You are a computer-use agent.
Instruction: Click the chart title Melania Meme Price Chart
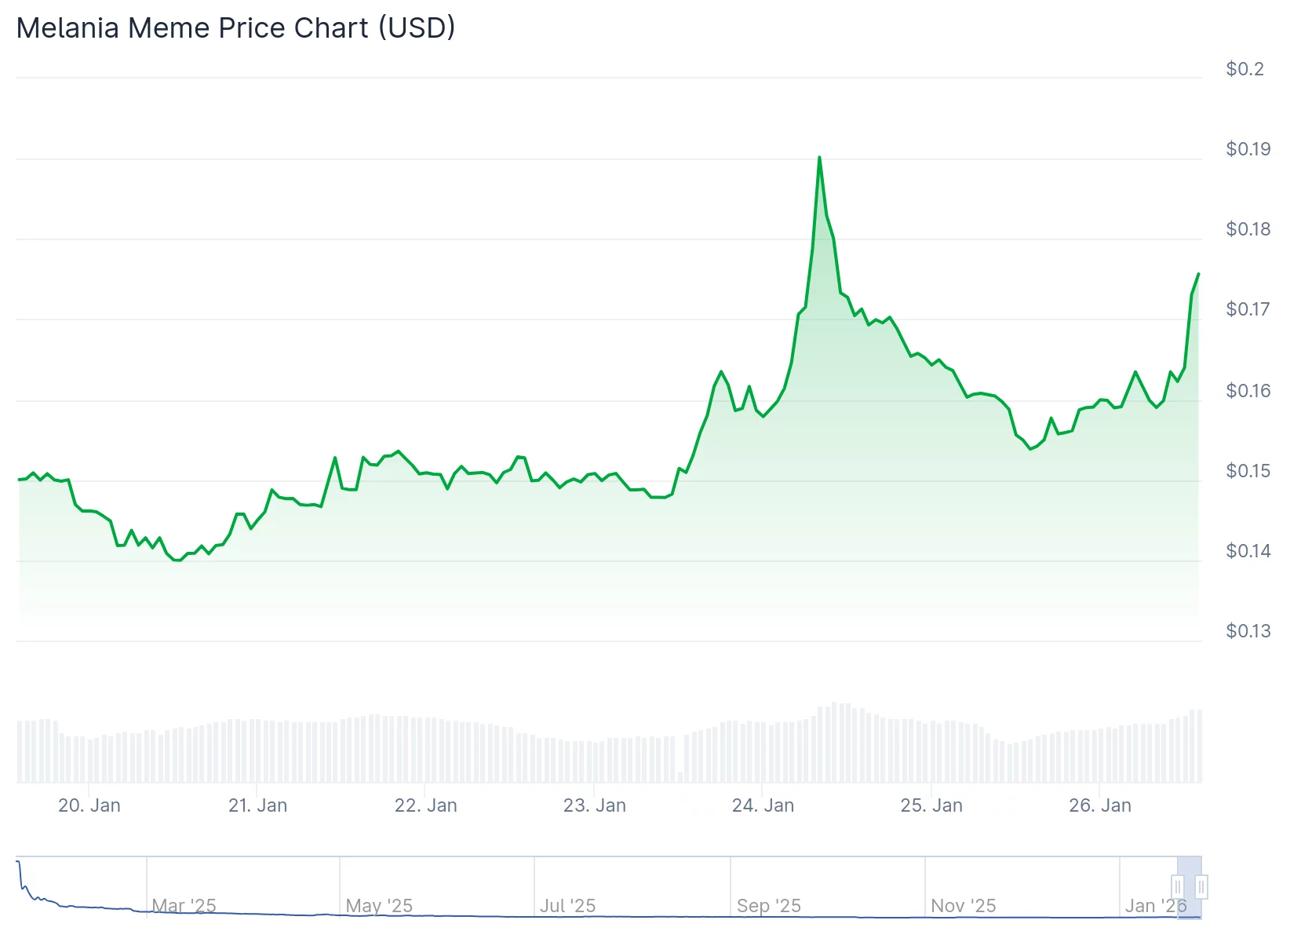[235, 28]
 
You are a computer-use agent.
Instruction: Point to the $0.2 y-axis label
[1244, 69]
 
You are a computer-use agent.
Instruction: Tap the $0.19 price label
[1248, 149]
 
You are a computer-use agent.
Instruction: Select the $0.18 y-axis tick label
[1248, 229]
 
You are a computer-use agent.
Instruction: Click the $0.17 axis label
[1248, 309]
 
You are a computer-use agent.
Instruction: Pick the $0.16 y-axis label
[1248, 390]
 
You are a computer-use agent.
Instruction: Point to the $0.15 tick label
[1248, 471]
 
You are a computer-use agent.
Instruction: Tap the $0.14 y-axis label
[1248, 551]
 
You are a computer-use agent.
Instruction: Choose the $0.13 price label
[1248, 631]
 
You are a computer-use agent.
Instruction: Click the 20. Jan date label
[89, 805]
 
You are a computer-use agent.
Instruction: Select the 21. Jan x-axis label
[257, 805]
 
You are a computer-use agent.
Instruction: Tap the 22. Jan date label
[425, 805]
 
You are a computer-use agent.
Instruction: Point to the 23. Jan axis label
[594, 805]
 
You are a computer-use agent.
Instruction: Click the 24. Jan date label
[763, 805]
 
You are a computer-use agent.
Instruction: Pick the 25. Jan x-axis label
[931, 805]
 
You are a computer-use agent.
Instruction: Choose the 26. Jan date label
[1099, 805]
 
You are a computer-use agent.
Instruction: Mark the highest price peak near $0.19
[819, 158]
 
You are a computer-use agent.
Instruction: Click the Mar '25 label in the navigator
[184, 906]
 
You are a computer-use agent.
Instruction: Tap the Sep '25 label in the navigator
[769, 906]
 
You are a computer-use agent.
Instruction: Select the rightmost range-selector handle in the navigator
[1201, 887]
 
